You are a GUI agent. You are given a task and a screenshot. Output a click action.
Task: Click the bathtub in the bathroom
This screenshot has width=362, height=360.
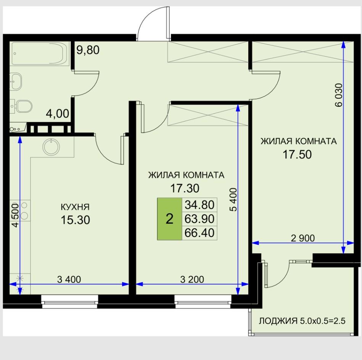pos(40,53)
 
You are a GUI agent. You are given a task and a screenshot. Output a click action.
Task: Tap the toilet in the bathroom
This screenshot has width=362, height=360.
pos(21,106)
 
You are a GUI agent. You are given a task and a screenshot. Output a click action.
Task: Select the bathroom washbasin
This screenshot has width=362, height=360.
pos(15,81)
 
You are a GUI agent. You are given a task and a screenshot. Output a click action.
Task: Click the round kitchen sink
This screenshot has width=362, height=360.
pos(51,147)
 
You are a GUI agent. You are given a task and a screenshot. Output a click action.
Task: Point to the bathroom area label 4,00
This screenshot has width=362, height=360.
pos(58,114)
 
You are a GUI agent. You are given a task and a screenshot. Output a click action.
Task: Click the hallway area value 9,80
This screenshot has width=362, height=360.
pos(88,50)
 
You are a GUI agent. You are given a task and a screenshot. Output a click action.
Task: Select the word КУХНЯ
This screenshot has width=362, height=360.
pos(75,207)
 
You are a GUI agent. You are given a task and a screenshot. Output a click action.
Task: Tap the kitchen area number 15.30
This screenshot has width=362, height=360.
pos(75,220)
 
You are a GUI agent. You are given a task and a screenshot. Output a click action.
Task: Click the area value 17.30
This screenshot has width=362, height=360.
pos(185,188)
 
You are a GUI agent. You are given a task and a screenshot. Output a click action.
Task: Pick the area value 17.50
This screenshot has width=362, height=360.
pos(298,154)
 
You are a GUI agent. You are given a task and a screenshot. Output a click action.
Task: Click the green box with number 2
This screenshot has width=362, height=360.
pos(169,219)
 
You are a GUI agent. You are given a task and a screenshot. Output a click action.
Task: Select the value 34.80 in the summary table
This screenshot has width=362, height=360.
pos(200,205)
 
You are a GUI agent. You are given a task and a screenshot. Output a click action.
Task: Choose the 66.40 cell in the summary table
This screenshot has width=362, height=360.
pos(200,233)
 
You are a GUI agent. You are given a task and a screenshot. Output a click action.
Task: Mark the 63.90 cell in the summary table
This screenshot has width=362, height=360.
pos(200,219)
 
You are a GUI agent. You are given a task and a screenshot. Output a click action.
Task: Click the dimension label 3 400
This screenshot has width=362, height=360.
pos(69,279)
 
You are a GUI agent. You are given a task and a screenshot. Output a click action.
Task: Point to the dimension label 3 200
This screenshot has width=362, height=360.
pos(192,279)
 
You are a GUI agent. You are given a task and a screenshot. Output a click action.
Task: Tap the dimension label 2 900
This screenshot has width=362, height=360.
pos(302,238)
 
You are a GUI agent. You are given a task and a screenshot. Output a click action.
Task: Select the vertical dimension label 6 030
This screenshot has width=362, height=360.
pos(339,95)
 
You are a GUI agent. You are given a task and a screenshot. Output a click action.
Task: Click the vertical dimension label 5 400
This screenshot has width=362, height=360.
pos(233,200)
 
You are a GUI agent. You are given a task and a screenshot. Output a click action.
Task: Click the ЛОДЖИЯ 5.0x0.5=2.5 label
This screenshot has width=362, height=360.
pos(302,321)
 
